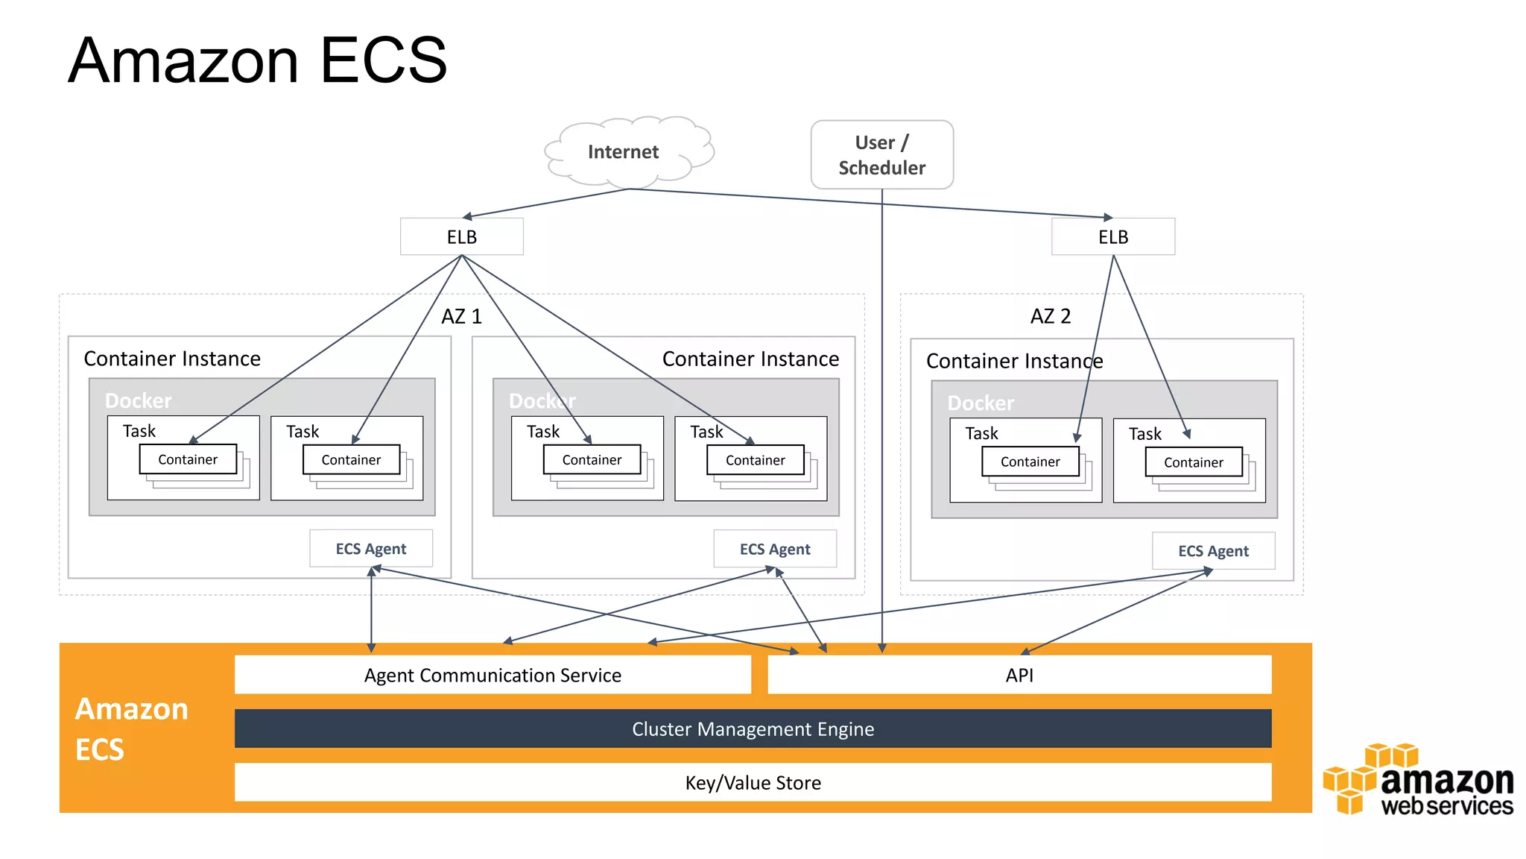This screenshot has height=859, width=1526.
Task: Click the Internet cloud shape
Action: click(624, 152)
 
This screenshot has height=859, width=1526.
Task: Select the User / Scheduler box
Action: click(881, 155)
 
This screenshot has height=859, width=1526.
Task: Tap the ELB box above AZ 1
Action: click(461, 237)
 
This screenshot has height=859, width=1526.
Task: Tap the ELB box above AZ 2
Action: click(1112, 237)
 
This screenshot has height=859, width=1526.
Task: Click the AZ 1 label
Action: click(461, 316)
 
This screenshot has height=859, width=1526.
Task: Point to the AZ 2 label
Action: click(1050, 316)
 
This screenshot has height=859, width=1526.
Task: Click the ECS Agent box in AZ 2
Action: click(1212, 551)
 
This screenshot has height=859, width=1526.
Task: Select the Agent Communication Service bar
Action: click(493, 675)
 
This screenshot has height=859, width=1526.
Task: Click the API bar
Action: click(1019, 675)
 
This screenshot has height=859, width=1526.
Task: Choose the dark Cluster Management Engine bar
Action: click(753, 729)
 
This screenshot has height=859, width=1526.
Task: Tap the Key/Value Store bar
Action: click(753, 782)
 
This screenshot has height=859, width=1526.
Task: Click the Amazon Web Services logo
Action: click(1419, 781)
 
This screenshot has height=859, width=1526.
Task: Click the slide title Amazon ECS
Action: click(258, 61)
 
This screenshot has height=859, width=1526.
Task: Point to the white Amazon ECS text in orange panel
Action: click(130, 729)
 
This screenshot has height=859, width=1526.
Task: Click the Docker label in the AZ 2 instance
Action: click(981, 403)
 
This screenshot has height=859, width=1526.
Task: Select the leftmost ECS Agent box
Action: click(370, 549)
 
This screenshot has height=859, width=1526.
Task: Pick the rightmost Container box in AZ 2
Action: click(1193, 462)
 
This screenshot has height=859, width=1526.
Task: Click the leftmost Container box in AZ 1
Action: click(188, 459)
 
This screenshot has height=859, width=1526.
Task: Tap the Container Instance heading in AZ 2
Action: click(1014, 361)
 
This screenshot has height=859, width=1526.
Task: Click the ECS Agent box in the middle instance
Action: click(774, 550)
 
